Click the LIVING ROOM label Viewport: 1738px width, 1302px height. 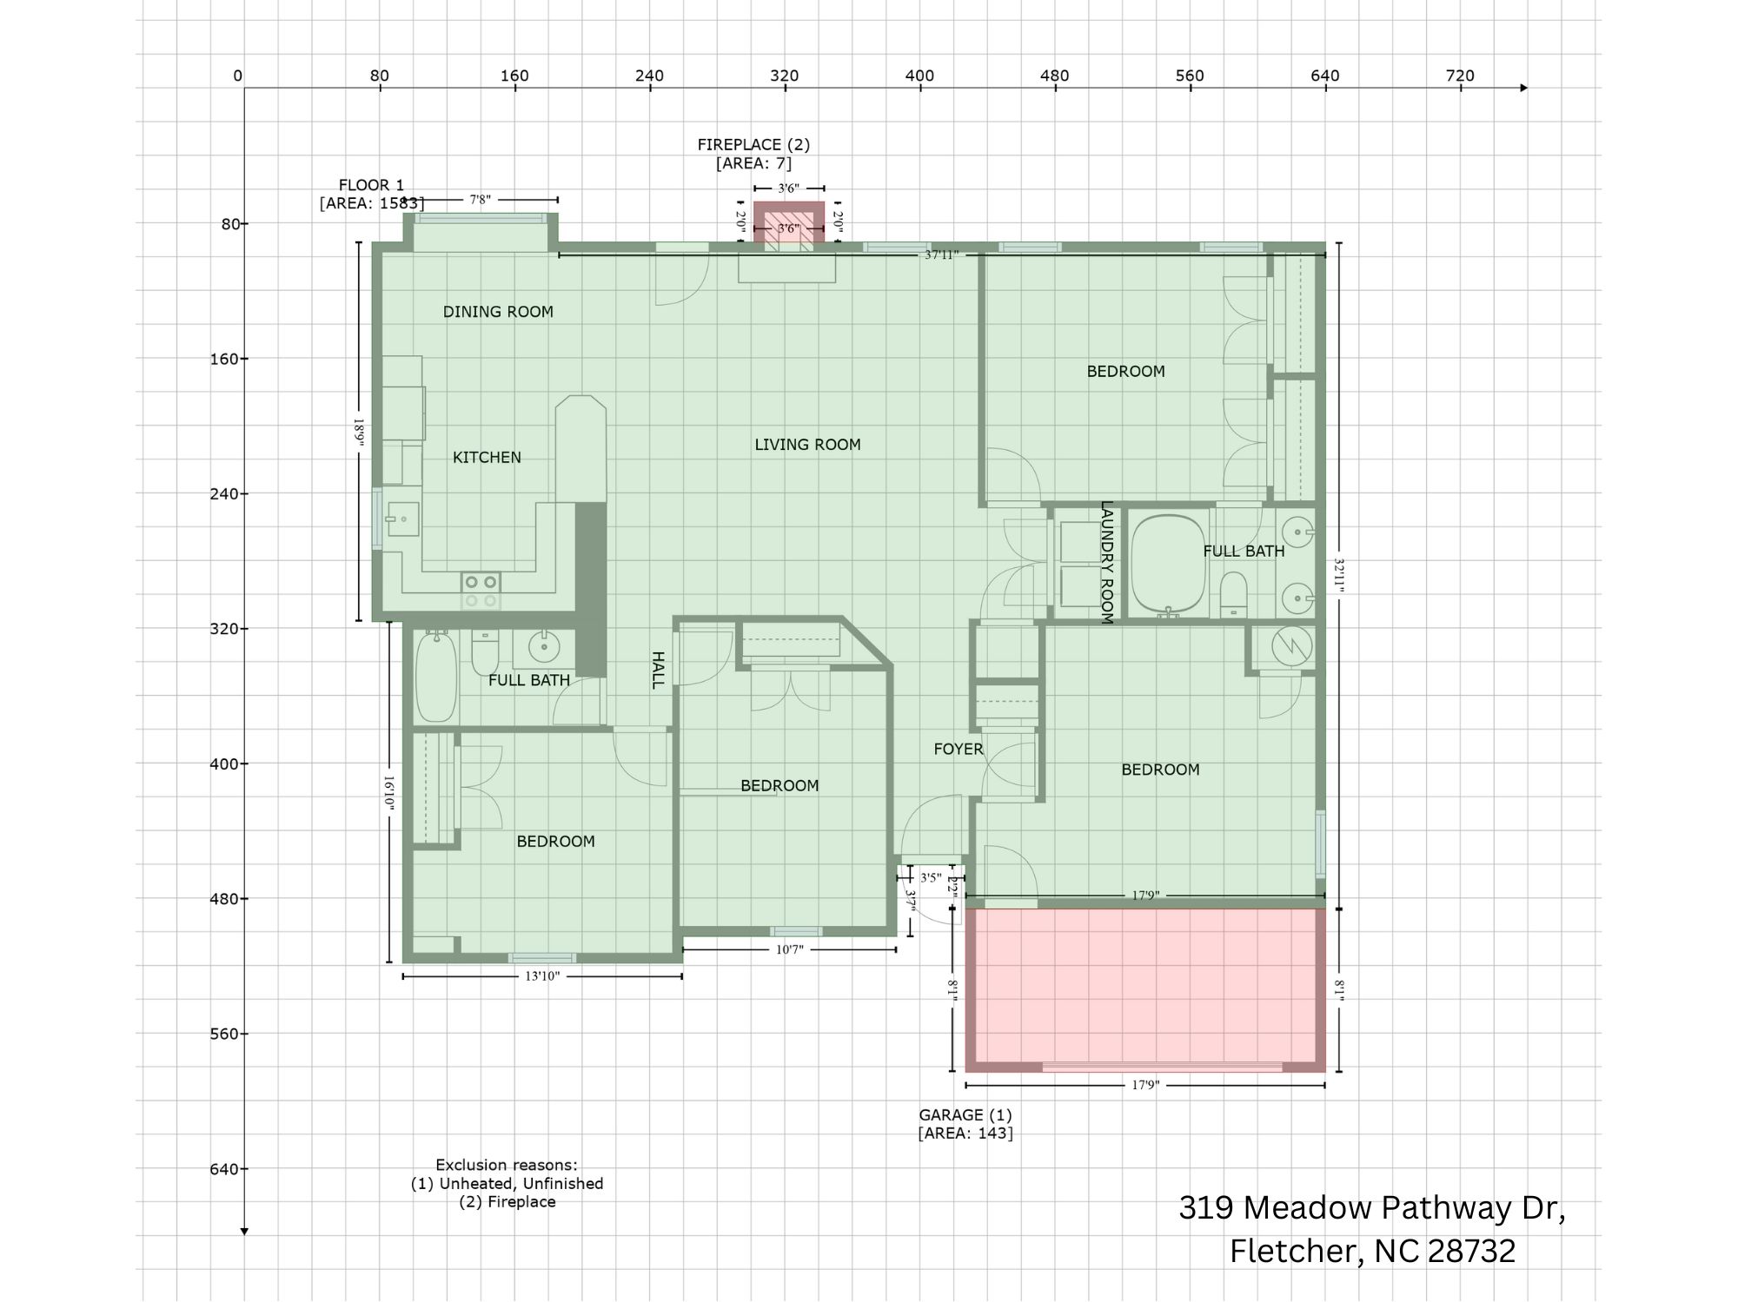807,445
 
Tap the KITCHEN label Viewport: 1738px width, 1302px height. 487,458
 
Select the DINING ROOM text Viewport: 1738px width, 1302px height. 498,312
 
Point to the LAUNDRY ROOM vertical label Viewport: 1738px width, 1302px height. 1106,562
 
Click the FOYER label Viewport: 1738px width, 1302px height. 959,749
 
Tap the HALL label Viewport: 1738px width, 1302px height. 658,670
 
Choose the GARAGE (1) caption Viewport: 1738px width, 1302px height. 965,1114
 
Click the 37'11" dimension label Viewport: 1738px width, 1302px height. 941,255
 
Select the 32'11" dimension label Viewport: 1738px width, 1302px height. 1339,576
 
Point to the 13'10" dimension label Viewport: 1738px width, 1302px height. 542,976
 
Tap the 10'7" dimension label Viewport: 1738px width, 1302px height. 789,950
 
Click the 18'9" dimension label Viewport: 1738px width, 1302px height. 359,432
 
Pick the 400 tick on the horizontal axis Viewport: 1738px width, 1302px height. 919,76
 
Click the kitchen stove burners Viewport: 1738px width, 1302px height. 481,591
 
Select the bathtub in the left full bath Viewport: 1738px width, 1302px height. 435,677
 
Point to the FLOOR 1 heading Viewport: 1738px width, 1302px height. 371,185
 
